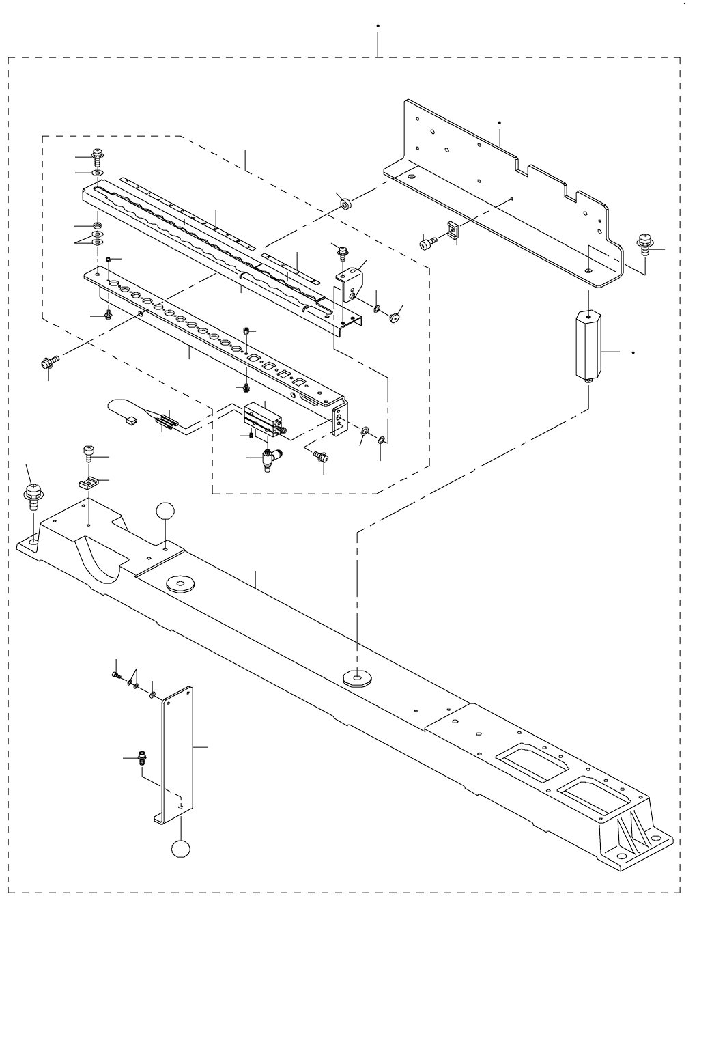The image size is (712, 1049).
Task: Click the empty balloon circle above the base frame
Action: click(167, 512)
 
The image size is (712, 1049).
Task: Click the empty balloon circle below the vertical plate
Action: click(181, 849)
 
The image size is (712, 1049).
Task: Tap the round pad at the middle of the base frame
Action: click(357, 677)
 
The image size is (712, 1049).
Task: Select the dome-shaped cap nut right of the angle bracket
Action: click(393, 317)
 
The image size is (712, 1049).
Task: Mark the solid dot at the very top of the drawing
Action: click(378, 25)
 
